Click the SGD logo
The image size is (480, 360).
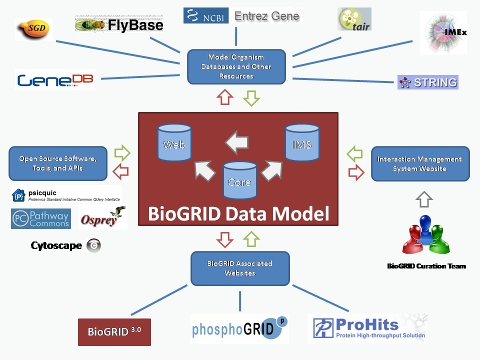(33, 29)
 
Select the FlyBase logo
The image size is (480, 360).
(119, 23)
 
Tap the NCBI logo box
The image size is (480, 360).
(206, 16)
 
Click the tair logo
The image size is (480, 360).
(354, 19)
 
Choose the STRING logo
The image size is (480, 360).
(428, 82)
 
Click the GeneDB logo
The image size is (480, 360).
(55, 80)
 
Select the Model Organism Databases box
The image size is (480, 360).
(236, 66)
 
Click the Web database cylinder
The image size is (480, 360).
(174, 143)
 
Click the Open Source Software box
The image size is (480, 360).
(58, 163)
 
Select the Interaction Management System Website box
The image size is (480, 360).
(420, 163)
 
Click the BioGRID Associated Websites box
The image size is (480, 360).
(240, 268)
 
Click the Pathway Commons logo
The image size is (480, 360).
(41, 219)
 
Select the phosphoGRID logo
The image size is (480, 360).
(239, 329)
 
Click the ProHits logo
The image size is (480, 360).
(367, 327)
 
